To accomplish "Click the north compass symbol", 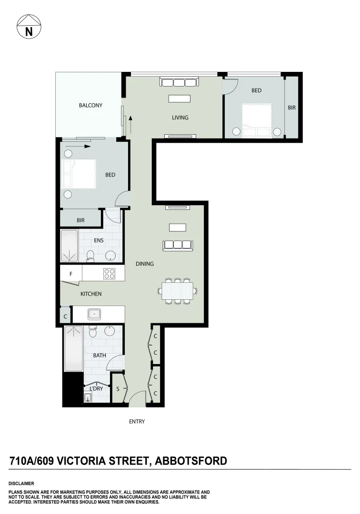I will [x=29, y=27].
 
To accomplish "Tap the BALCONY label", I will [x=90, y=106].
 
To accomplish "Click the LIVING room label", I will [x=180, y=118].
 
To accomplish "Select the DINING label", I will [x=145, y=264].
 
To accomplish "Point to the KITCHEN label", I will [x=91, y=294].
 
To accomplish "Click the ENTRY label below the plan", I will [x=137, y=422].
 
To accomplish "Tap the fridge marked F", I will [x=71, y=274].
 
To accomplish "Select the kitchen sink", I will [x=94, y=314].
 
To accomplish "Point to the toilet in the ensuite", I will [x=90, y=256].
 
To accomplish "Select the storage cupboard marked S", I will [x=118, y=389].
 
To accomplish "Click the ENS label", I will [x=99, y=241].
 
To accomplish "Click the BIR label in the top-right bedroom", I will [x=292, y=108].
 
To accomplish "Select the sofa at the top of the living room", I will [x=179, y=83].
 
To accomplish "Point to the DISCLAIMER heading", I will [x=21, y=484].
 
